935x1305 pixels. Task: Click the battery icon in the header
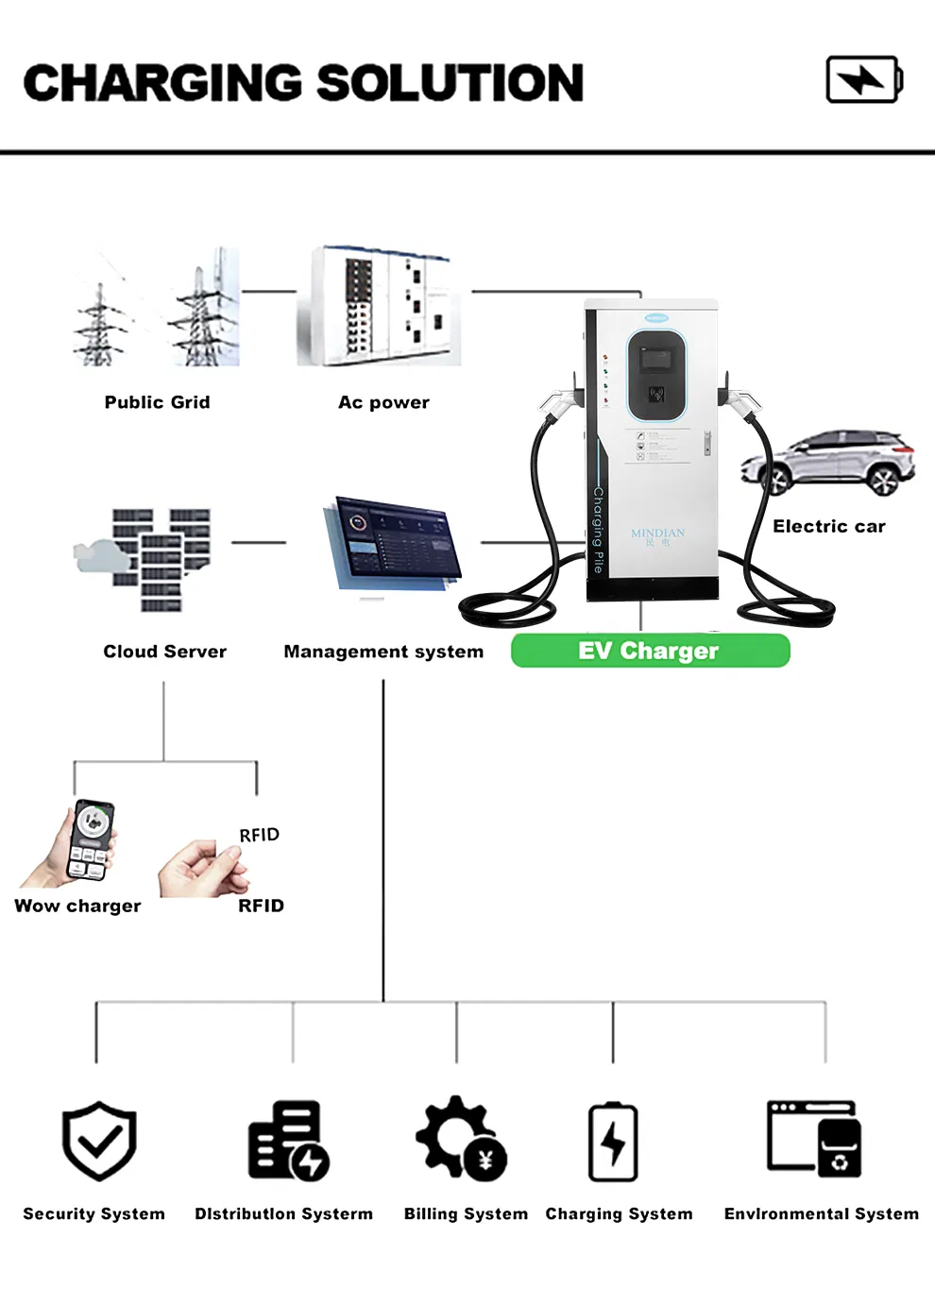[864, 79]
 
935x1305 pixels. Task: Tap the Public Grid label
[157, 402]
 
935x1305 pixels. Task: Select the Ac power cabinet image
[380, 306]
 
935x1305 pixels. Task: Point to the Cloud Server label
[164, 652]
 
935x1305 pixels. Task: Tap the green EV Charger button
[650, 651]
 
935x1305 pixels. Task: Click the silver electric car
[829, 463]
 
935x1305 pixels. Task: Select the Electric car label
[828, 527]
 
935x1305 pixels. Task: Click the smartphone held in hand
[92, 838]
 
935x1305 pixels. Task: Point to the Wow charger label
[77, 906]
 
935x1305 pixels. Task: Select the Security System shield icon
[99, 1140]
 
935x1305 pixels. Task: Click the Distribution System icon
[287, 1141]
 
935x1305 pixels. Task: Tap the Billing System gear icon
[462, 1138]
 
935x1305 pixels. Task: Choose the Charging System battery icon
[613, 1142]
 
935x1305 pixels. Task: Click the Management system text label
[383, 652]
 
